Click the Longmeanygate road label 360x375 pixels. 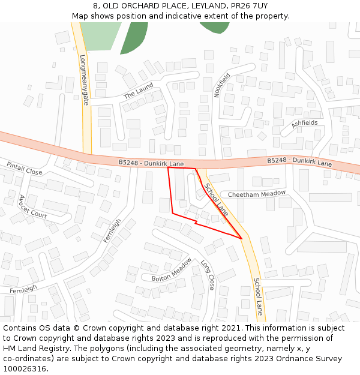85,80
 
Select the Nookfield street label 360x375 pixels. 222,85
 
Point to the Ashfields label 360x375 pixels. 304,124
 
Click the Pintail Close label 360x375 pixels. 24,168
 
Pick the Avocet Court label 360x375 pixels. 32,206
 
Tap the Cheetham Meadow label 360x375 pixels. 257,194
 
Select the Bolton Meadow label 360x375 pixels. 172,269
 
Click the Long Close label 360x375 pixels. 208,274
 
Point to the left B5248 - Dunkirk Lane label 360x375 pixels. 151,163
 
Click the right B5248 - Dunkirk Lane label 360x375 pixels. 299,163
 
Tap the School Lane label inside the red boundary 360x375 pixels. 216,199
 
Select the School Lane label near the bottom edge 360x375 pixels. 258,296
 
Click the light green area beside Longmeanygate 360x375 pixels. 100,36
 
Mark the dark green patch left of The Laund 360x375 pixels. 133,37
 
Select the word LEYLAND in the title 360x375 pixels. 208,6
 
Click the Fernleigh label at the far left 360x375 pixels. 23,289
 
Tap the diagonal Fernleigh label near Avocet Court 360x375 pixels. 112,230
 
